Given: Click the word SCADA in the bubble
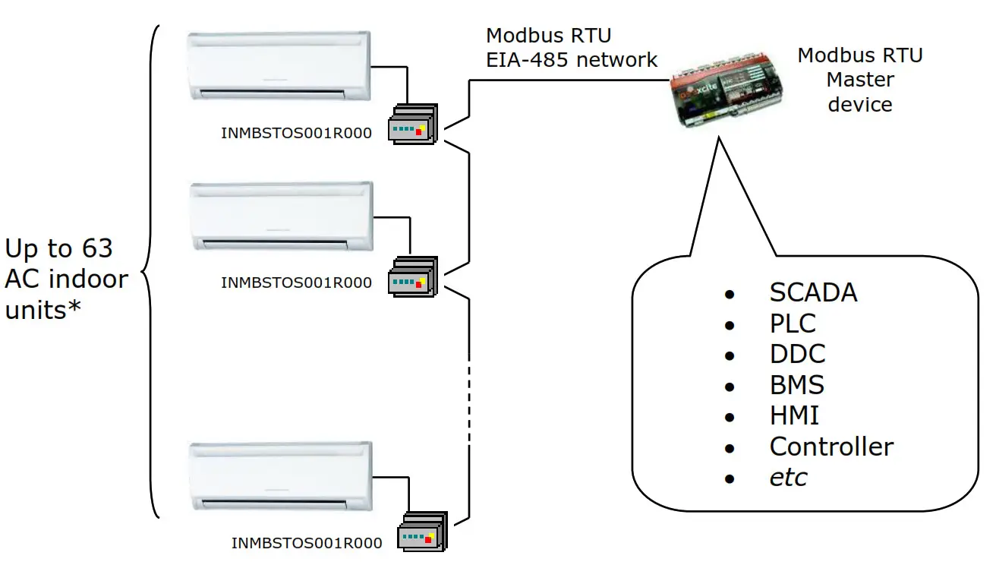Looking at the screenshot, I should coord(813,292).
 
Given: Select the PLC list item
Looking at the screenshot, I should coord(793,324).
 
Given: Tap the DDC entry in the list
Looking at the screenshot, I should coord(797,354).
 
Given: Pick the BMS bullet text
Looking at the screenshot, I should coord(796,385).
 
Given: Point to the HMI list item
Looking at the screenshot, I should coord(794,415).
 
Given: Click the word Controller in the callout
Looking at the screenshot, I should coord(831,447).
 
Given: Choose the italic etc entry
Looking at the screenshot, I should coord(788,478).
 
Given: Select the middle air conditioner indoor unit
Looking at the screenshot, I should coord(281,216).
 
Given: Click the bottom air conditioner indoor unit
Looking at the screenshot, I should coord(281,477).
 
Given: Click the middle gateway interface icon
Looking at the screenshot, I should coord(412,277).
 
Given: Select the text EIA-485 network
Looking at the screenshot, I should coord(572,59).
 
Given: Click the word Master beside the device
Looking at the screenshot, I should coord(860,80).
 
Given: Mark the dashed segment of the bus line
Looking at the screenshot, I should coord(471,387).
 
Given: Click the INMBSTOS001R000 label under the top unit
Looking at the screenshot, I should coord(296,134).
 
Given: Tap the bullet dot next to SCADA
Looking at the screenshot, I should coord(730,294).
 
